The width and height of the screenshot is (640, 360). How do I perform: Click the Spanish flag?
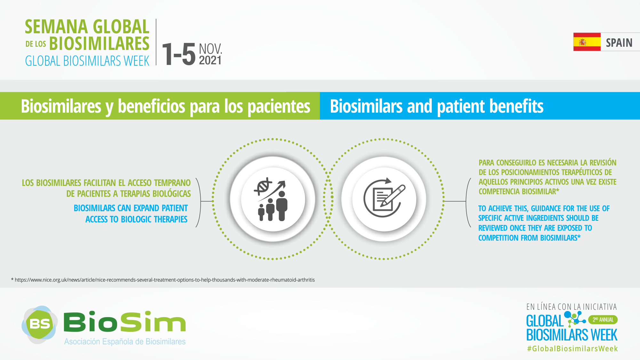(587, 42)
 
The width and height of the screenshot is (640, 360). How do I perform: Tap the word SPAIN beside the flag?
(619, 43)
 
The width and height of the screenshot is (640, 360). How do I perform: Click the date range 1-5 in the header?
(179, 54)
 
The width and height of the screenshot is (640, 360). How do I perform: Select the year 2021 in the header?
(210, 60)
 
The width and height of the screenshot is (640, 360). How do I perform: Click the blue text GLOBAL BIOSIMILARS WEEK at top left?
(87, 61)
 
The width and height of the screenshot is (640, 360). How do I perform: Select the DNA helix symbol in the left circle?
(263, 186)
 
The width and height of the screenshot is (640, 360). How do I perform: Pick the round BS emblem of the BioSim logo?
(40, 324)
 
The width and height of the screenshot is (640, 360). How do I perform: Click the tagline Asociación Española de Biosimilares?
(125, 341)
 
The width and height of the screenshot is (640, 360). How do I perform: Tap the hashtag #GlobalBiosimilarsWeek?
(572, 348)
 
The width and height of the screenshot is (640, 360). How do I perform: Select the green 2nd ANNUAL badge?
(603, 320)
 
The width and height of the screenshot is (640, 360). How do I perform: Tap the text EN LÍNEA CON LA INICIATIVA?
(572, 307)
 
